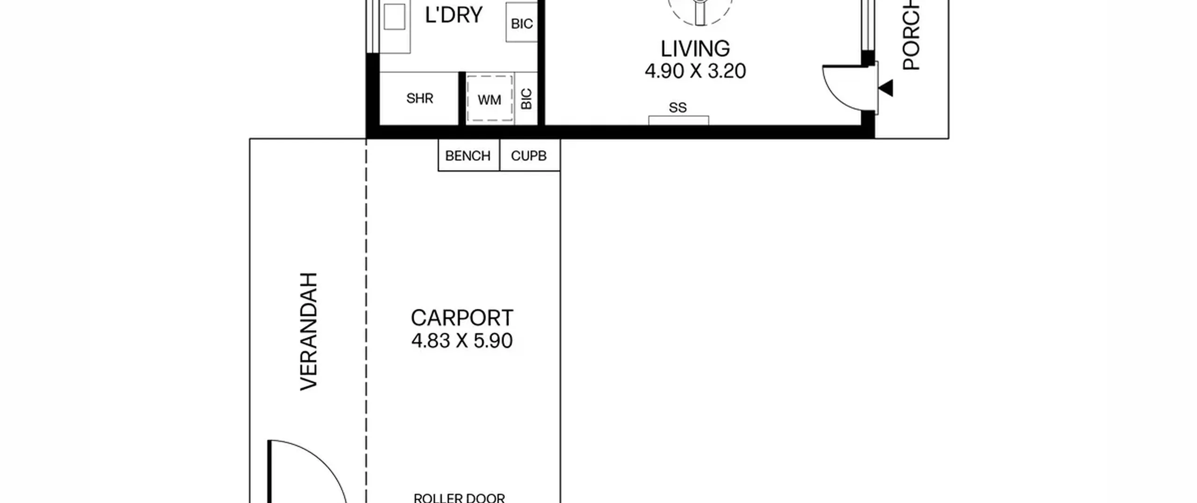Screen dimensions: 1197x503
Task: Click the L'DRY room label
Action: click(453, 15)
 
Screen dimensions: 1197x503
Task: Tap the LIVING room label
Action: click(695, 49)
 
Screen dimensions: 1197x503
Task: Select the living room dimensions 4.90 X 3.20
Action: click(695, 71)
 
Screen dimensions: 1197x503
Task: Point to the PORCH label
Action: click(911, 35)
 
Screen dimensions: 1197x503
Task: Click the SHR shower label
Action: click(419, 98)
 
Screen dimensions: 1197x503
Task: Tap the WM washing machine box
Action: click(490, 99)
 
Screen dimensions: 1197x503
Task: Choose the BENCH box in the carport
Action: click(469, 155)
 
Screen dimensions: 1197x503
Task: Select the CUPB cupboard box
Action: click(530, 155)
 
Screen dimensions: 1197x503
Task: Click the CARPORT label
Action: click(462, 318)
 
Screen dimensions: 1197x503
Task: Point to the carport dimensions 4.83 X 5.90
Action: click(462, 341)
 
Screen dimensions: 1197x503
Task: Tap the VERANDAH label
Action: click(309, 331)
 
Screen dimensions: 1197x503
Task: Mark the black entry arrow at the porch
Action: click(886, 88)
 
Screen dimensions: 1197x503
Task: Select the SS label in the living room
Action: click(678, 108)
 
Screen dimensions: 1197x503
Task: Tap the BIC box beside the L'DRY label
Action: click(521, 22)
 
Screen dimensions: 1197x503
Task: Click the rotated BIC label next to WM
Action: click(526, 99)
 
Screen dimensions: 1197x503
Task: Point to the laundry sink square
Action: click(394, 17)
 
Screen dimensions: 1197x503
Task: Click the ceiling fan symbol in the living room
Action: click(700, 9)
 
